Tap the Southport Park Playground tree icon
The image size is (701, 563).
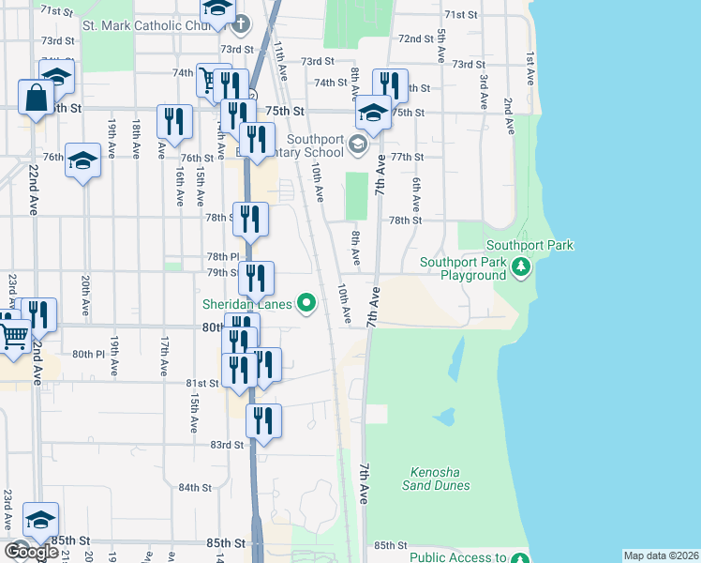coord(522,269)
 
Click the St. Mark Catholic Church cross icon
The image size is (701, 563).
coord(241,24)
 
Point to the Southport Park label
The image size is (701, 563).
coord(529,246)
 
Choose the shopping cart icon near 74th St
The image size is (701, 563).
coord(208,79)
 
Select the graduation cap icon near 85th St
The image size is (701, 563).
coord(40,519)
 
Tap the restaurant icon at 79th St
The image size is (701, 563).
coord(256,278)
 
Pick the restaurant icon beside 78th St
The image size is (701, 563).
coord(250,219)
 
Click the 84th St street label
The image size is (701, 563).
coord(195,488)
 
